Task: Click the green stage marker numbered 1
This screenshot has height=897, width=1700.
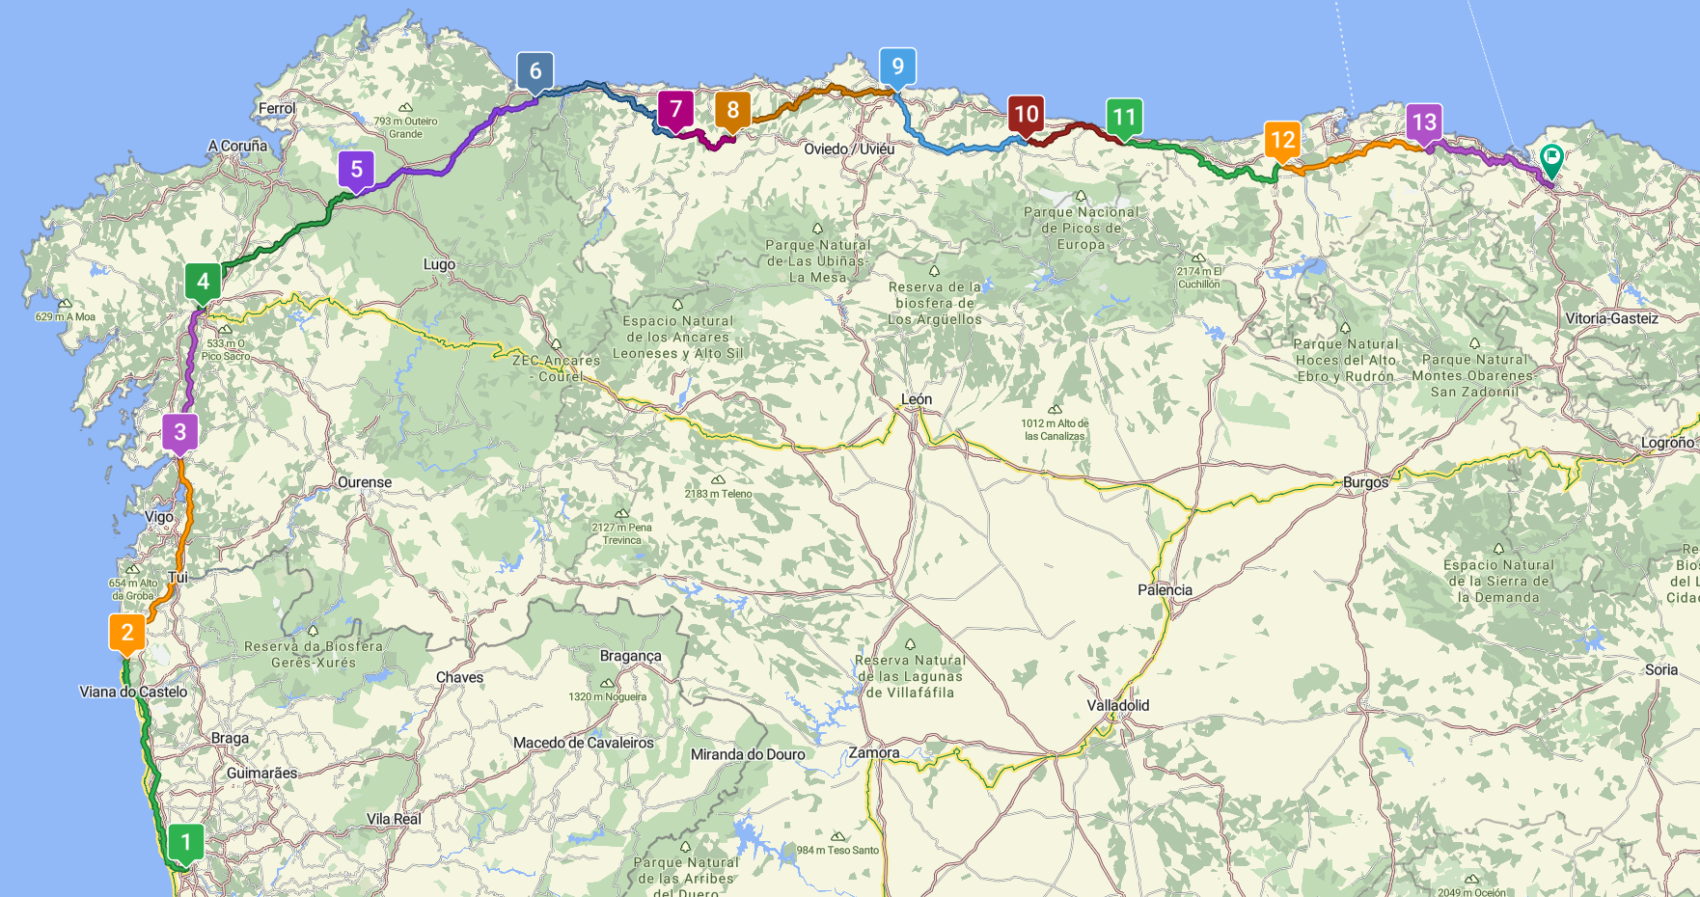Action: pyautogui.click(x=186, y=842)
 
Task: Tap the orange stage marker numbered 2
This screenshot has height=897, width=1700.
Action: pyautogui.click(x=127, y=633)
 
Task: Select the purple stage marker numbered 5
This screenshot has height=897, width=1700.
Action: pyautogui.click(x=356, y=170)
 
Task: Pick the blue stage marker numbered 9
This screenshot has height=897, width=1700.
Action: pyautogui.click(x=897, y=67)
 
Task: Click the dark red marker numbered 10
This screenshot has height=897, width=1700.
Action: pyautogui.click(x=1026, y=115)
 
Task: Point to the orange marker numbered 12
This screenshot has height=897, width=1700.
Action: pyautogui.click(x=1282, y=140)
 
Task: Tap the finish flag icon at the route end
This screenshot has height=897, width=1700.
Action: pyautogui.click(x=1551, y=156)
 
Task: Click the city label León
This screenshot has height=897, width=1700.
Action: pyautogui.click(x=916, y=399)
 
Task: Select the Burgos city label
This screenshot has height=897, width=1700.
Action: pyautogui.click(x=1365, y=482)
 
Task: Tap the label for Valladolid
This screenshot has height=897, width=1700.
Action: pyautogui.click(x=1117, y=705)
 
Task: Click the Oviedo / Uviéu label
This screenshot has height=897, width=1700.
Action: pyautogui.click(x=849, y=149)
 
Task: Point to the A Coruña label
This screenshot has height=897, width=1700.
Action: pyautogui.click(x=237, y=146)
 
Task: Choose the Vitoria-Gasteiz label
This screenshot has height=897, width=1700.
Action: pyautogui.click(x=1611, y=318)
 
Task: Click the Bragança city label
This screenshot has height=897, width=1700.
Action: pyautogui.click(x=630, y=656)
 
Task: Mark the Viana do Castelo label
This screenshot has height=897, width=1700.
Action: pyautogui.click(x=133, y=692)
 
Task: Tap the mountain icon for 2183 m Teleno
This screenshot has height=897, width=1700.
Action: pyautogui.click(x=718, y=479)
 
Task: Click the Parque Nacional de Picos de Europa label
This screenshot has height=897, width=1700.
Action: pyautogui.click(x=1081, y=229)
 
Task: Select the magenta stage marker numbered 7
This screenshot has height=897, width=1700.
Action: pyautogui.click(x=675, y=110)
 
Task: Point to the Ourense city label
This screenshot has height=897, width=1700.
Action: pyautogui.click(x=365, y=482)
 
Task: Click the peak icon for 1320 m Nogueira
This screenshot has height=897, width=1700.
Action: pyautogui.click(x=607, y=684)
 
